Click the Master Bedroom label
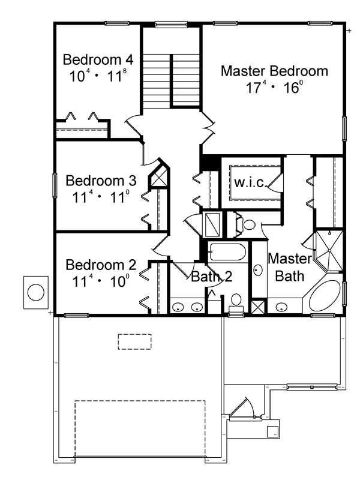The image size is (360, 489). pos(274,71)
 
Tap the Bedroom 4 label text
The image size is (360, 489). pos(98,59)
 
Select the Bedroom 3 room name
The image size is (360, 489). pos(101,181)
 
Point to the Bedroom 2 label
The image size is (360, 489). pos(101,265)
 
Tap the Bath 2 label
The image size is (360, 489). pos(212,277)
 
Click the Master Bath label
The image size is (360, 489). pos(290,268)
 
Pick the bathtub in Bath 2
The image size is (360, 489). pos(227,252)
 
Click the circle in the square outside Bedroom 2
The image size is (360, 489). pos(36,293)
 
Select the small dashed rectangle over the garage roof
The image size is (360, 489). pos(134,342)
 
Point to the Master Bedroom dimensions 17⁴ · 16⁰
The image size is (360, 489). pos(274,88)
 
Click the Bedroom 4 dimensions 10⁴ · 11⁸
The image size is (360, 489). pos(98,76)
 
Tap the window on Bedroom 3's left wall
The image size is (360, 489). pos(55,185)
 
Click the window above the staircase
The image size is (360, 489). pos(171,25)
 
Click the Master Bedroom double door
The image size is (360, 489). pos(208,128)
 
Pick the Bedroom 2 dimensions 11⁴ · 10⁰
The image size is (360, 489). pos(101,282)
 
